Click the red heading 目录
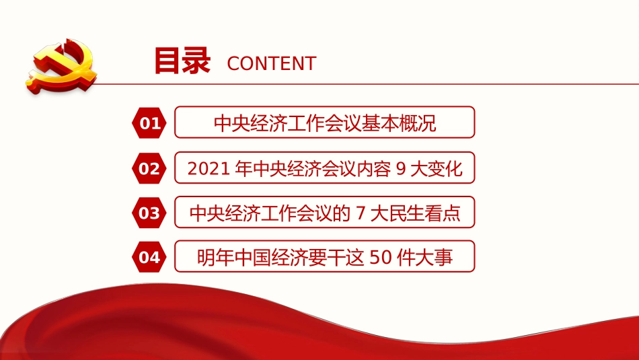pyautogui.click(x=182, y=61)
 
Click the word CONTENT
pyautogui.click(x=271, y=64)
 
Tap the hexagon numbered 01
pyautogui.click(x=150, y=123)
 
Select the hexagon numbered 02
pyautogui.click(x=150, y=168)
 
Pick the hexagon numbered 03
pyautogui.click(x=150, y=213)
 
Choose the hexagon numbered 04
pyautogui.click(x=150, y=258)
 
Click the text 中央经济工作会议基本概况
pyautogui.click(x=325, y=123)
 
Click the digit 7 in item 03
pyautogui.click(x=361, y=213)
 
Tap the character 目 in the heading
pyautogui.click(x=167, y=61)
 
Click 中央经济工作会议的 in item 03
pyautogui.click(x=269, y=213)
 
